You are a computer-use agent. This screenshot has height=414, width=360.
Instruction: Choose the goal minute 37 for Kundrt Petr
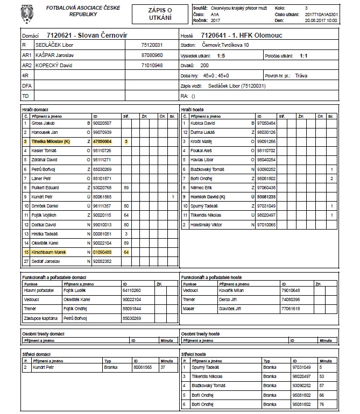163,368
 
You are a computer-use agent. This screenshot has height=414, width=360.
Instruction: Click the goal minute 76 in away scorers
322,404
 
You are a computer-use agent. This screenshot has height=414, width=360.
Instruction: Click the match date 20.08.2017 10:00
321,20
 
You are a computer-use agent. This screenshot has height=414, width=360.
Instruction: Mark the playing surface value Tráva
301,75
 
